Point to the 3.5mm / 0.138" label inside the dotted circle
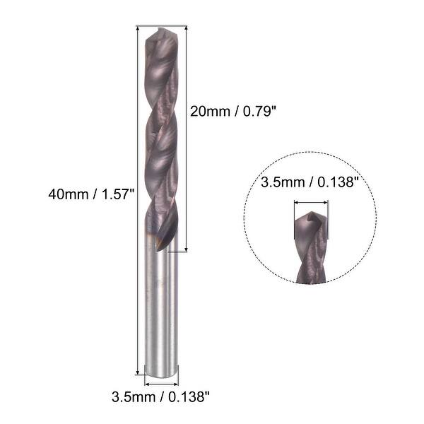(310, 183)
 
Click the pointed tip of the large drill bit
(160, 30)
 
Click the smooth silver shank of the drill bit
(161, 311)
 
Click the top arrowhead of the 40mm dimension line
(137, 29)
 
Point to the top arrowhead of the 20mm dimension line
(187, 29)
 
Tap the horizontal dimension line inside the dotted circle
(310, 203)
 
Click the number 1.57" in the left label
(117, 193)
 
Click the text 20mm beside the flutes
(206, 111)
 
